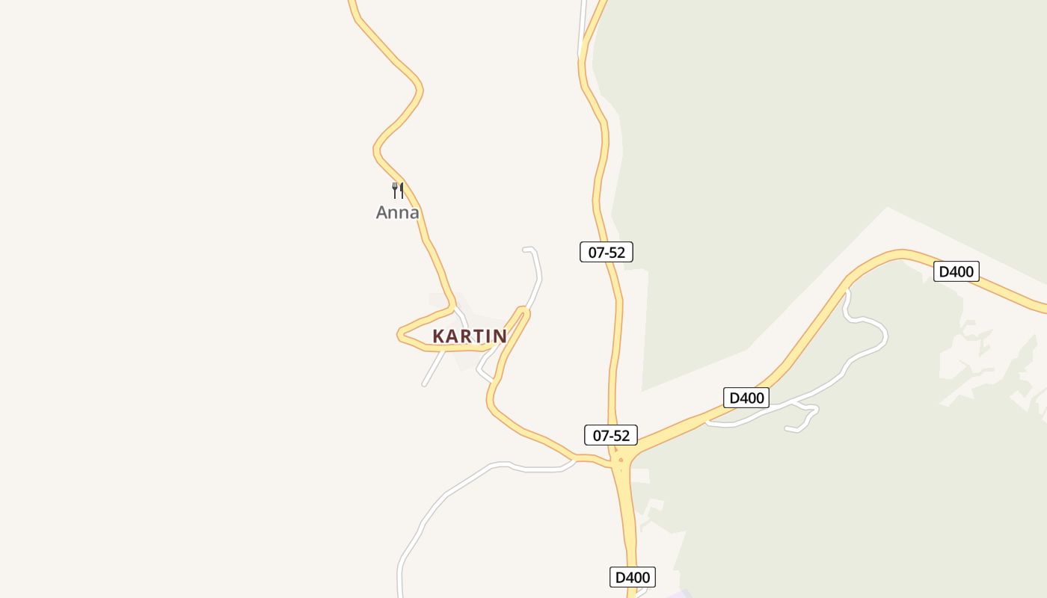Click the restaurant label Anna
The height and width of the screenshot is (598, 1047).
click(397, 213)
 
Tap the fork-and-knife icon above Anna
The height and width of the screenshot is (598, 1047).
click(398, 191)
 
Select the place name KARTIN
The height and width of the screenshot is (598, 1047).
click(470, 336)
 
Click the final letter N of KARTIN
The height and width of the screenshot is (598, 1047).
click(500, 336)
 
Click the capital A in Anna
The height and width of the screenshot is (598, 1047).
click(382, 213)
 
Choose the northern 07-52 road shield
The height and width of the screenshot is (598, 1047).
click(607, 252)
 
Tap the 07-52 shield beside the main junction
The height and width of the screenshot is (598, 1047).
click(611, 435)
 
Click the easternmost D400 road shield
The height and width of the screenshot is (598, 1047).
click(956, 271)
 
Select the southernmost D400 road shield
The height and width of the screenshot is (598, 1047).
click(632, 577)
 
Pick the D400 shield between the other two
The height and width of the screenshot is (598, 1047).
click(746, 398)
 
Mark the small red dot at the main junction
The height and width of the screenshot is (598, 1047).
click(621, 460)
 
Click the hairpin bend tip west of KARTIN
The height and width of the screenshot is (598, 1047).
click(399, 335)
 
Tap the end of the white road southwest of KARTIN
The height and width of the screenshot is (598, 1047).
click(424, 384)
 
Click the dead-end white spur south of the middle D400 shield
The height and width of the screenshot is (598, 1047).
click(787, 429)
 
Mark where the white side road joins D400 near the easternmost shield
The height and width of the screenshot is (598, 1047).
click(847, 289)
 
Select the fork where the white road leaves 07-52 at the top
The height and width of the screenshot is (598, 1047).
click(581, 54)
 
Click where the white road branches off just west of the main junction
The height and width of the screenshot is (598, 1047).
click(575, 458)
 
